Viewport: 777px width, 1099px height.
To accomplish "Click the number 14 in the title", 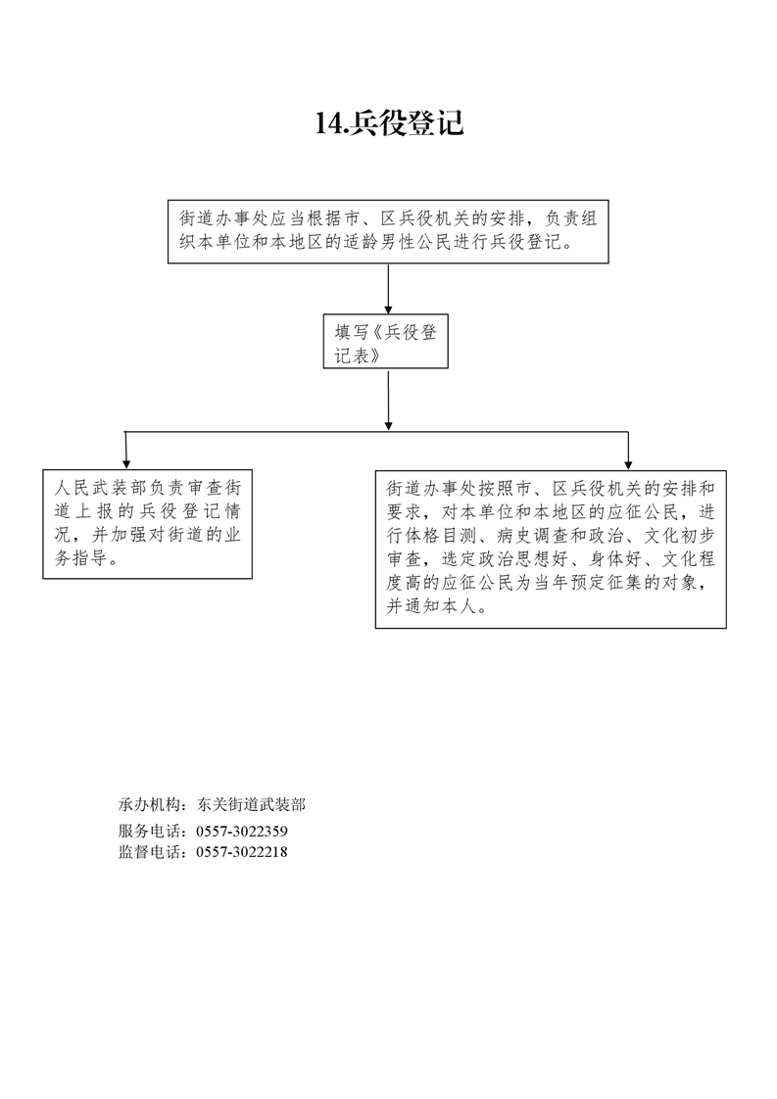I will tap(327, 123).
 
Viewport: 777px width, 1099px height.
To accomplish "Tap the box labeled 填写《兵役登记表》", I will tap(385, 342).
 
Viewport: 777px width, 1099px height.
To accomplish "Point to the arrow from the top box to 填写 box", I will tap(389, 287).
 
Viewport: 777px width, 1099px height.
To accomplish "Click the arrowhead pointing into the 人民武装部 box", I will tap(126, 461).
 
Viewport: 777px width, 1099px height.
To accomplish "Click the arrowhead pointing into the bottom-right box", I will tap(628, 461).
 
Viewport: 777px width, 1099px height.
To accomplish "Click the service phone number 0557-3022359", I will tap(242, 831).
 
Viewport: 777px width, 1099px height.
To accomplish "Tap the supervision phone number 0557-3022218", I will tap(242, 852).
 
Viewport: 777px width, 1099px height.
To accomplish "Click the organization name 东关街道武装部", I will tap(251, 805).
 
